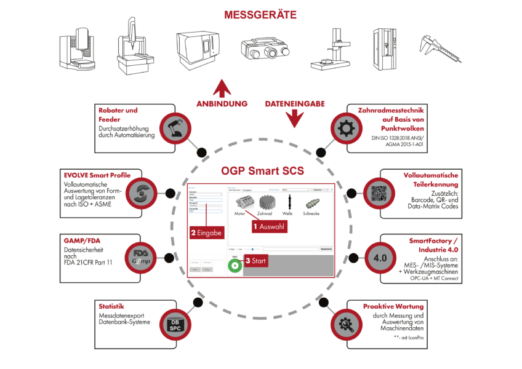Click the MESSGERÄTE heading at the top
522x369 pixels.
[x=261, y=14]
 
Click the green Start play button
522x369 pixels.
[x=235, y=266]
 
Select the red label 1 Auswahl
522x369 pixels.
[x=270, y=225]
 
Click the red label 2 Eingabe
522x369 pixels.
[x=206, y=232]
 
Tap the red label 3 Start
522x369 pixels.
[x=255, y=261]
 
